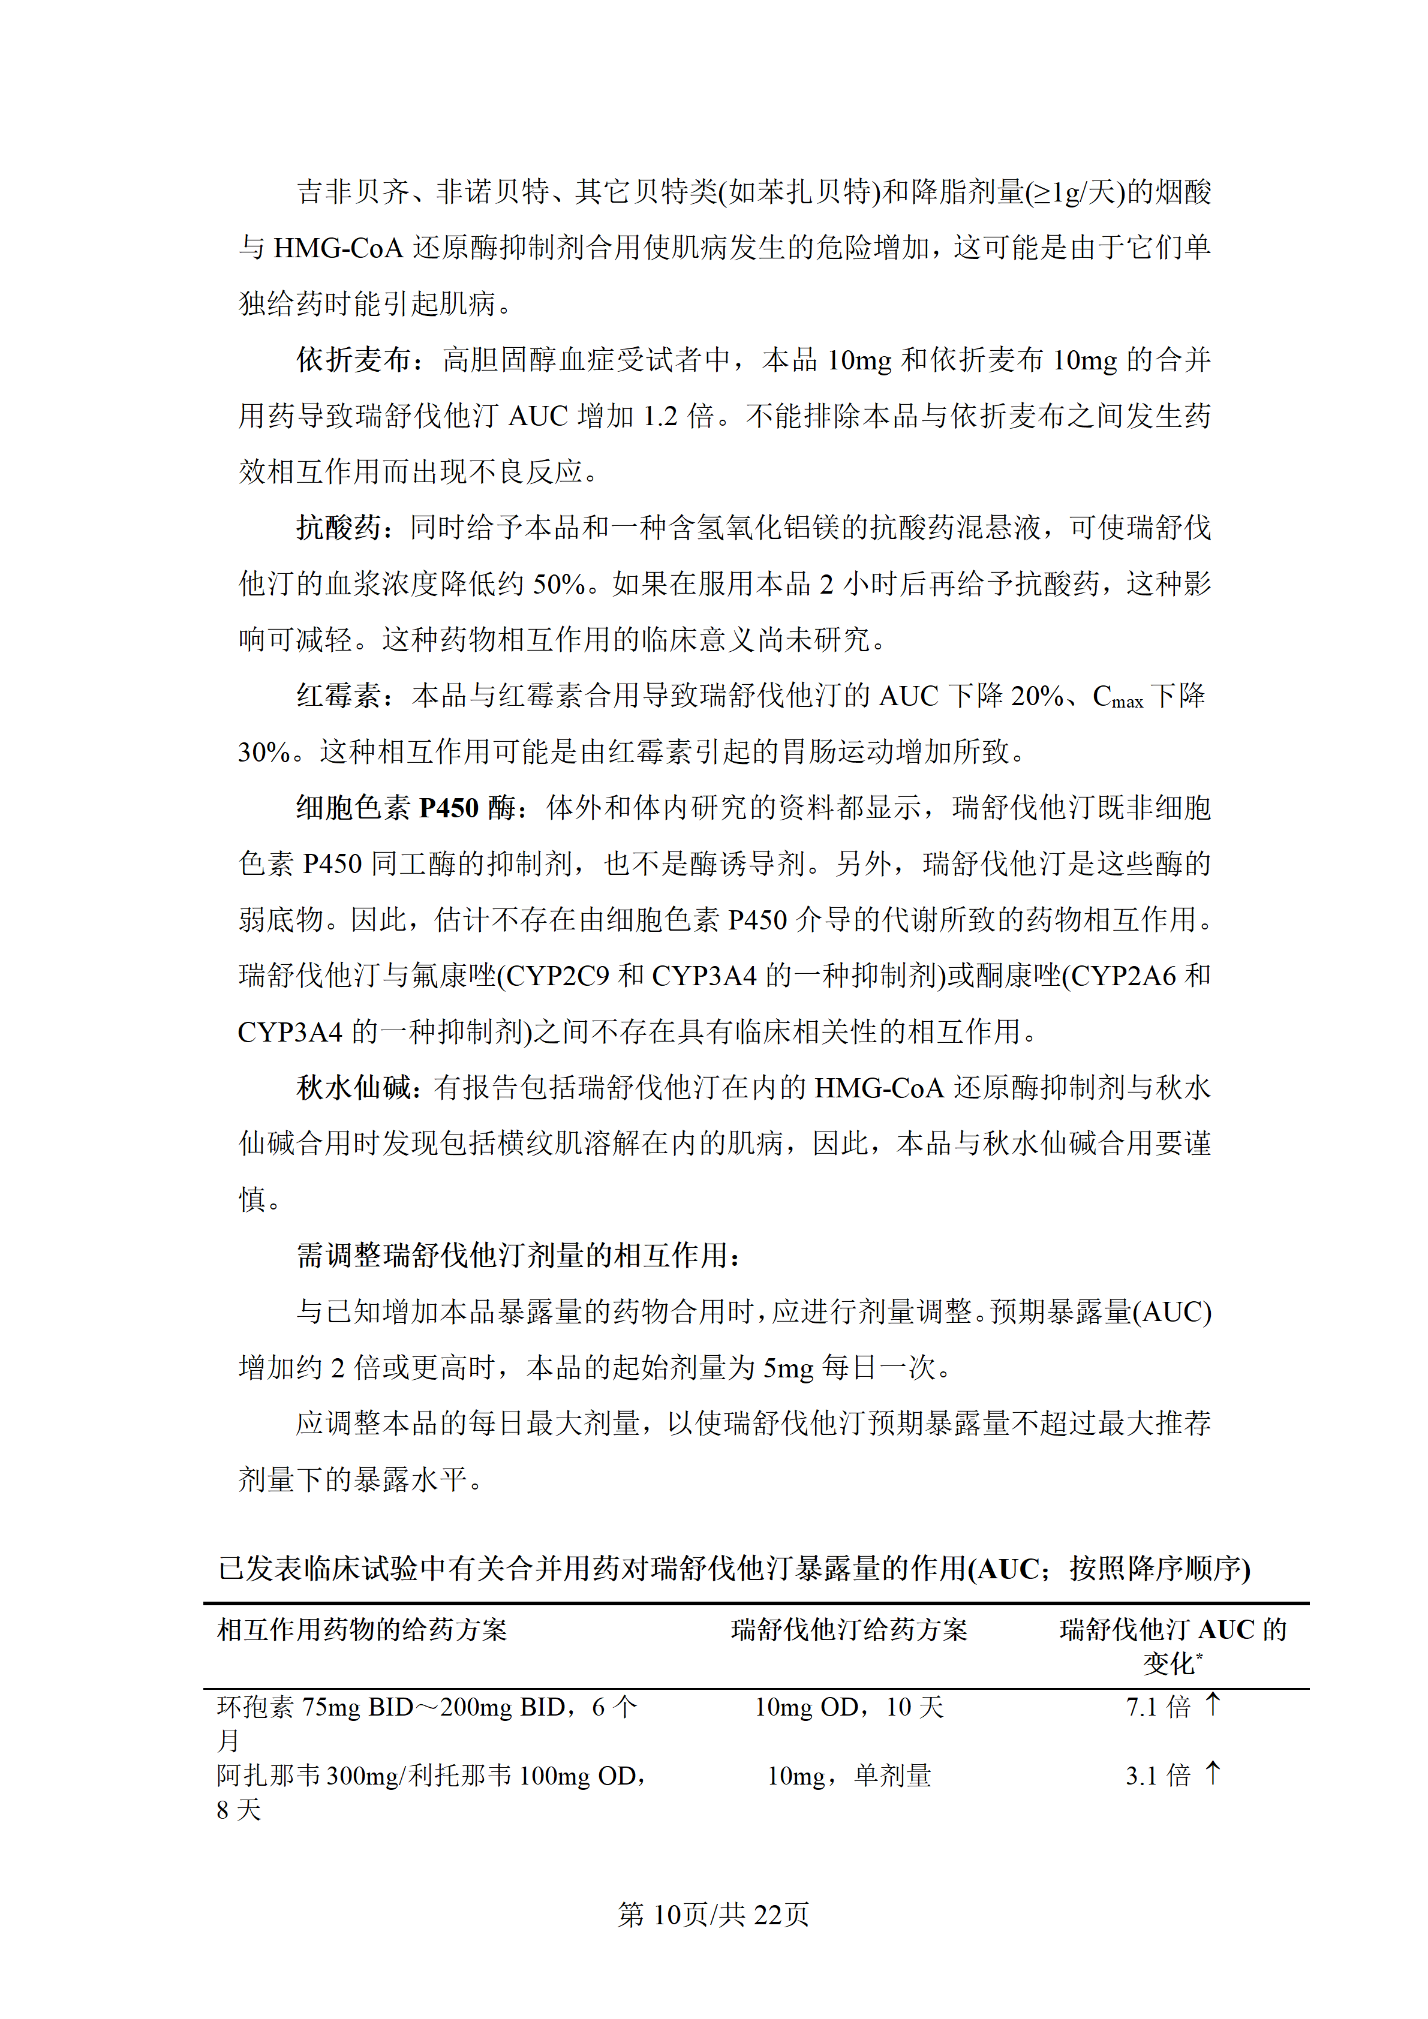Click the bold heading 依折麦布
click(353, 360)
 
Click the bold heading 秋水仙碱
click(353, 1088)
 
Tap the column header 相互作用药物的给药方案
click(362, 1629)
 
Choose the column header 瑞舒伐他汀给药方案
click(849, 1629)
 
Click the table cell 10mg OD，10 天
click(849, 1707)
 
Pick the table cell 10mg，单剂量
click(849, 1776)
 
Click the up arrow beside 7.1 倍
click(1213, 1704)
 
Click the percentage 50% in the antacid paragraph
click(559, 584)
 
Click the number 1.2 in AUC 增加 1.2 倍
click(660, 416)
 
